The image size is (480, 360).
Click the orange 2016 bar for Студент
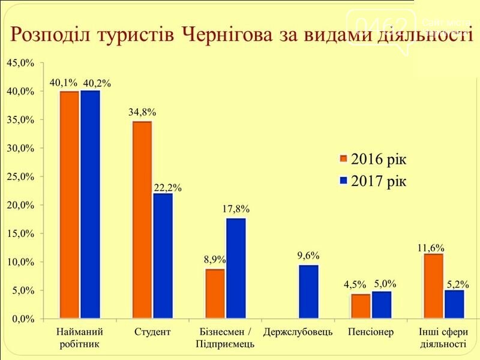tap(142, 220)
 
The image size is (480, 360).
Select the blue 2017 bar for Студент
tap(163, 256)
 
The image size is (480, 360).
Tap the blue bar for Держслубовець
tap(309, 292)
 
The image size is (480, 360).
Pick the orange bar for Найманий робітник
tap(69, 205)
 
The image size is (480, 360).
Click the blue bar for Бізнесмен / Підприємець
tap(236, 268)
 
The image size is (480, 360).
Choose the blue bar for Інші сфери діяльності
tap(454, 304)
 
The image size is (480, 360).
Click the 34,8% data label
tap(142, 112)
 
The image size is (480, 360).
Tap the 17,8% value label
tap(236, 209)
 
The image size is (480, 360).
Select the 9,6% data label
tap(309, 256)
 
